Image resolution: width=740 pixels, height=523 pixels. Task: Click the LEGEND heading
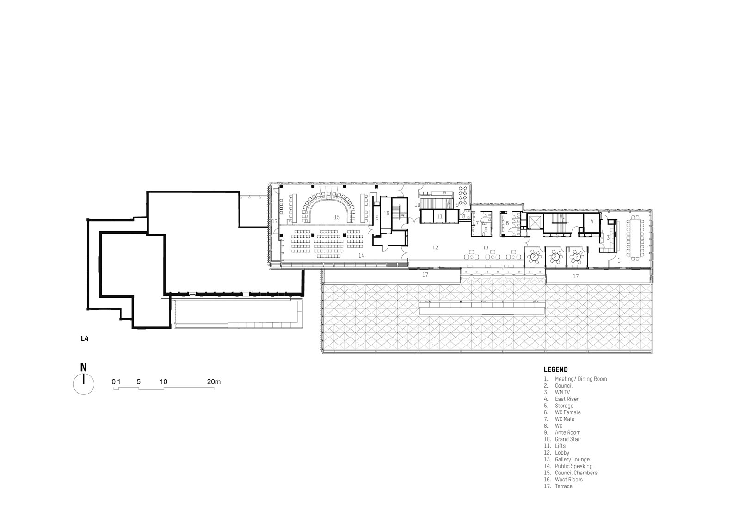click(x=555, y=369)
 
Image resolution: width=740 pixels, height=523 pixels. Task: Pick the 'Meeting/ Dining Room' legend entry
click(x=575, y=379)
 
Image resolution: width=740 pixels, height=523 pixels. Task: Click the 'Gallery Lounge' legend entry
click(x=567, y=459)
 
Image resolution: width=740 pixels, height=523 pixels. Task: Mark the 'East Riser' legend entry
click(x=561, y=399)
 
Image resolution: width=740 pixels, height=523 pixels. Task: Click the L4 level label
click(x=85, y=338)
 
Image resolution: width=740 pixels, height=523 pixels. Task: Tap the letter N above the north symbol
click(x=84, y=367)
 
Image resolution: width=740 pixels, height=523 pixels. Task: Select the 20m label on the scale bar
click(x=214, y=382)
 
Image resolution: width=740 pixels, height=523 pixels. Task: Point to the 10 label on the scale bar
click(x=164, y=382)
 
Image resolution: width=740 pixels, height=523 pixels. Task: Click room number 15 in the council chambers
click(x=337, y=217)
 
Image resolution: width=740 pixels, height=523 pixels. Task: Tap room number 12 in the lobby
click(x=435, y=247)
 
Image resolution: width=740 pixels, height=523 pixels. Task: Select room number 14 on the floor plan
click(x=361, y=255)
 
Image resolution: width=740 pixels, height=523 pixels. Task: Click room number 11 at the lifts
click(x=439, y=216)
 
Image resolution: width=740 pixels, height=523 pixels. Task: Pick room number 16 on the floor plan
click(x=387, y=213)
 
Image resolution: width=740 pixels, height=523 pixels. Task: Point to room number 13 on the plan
click(x=486, y=247)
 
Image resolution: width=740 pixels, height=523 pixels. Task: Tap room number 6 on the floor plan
click(x=507, y=223)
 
